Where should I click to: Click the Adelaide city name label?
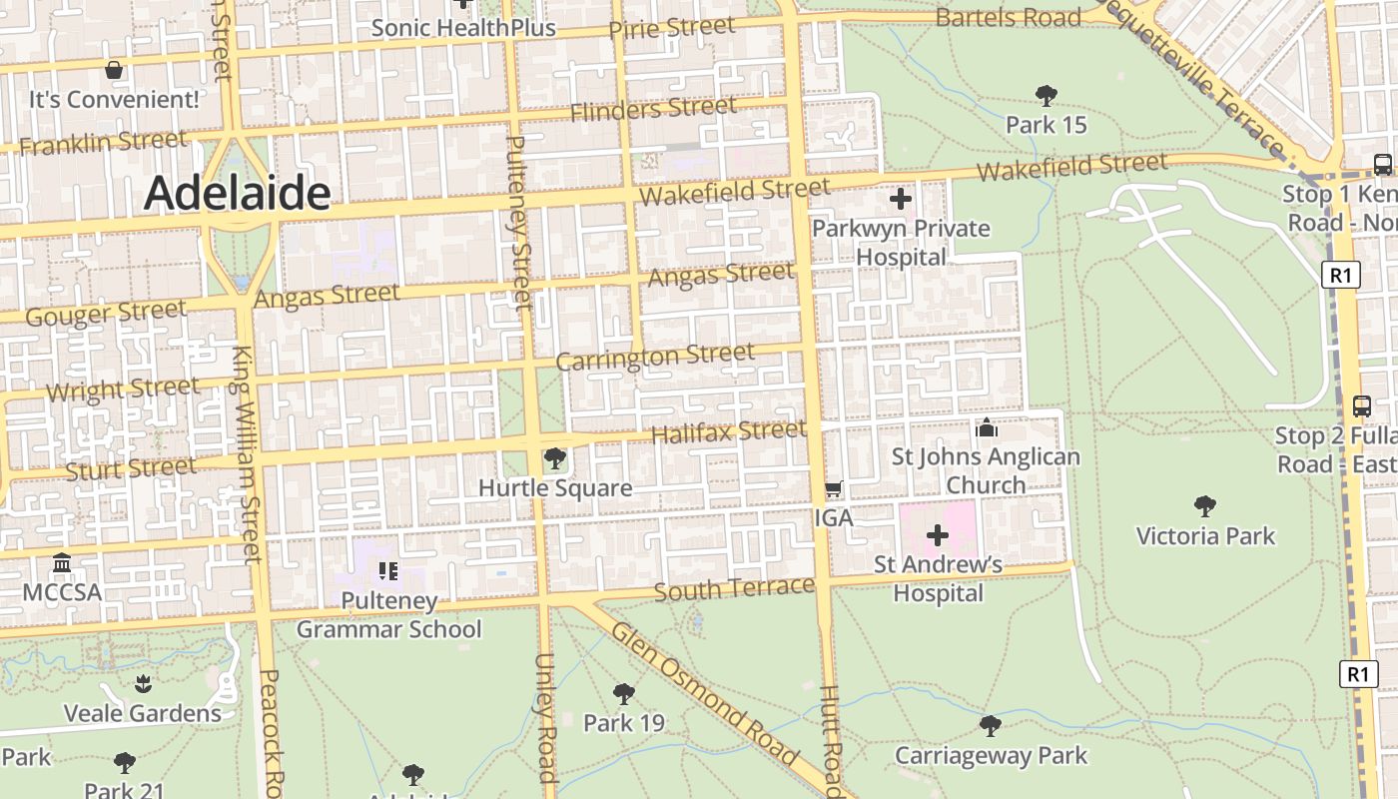tap(237, 193)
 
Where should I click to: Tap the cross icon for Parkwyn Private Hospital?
tap(901, 199)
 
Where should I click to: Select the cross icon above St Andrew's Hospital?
tap(937, 535)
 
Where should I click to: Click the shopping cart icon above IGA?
tap(833, 488)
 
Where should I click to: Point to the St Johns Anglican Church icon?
tap(987, 428)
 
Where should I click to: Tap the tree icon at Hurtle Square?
tap(554, 458)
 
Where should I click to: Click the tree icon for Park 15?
tap(1046, 96)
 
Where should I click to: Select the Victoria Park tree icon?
tap(1205, 506)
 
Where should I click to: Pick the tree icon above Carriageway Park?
tap(990, 725)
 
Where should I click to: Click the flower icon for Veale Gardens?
tap(143, 684)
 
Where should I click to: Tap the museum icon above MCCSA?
tap(62, 563)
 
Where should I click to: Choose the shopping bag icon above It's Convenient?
tap(114, 70)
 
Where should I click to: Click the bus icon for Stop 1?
tap(1383, 164)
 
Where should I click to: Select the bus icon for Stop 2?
tap(1361, 406)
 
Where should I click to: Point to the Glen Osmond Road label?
tap(704, 692)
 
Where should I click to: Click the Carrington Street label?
tap(655, 357)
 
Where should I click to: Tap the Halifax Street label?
tap(728, 432)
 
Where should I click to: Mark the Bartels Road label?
tap(1009, 18)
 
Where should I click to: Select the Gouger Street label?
tap(105, 314)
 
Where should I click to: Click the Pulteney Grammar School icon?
tap(388, 571)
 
